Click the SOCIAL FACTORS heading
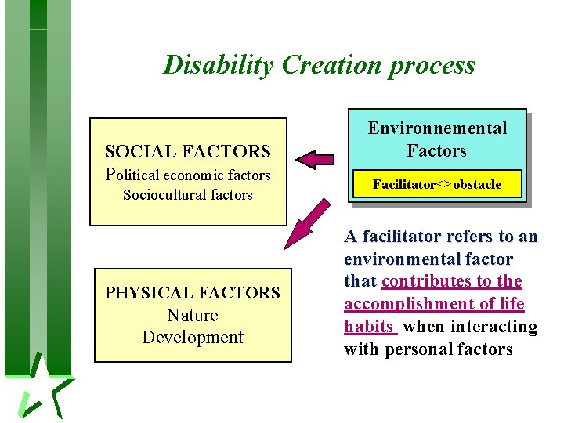click(188, 151)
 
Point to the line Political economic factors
click(188, 175)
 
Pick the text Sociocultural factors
click(188, 195)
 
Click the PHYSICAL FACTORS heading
click(193, 293)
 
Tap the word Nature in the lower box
click(193, 315)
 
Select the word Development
click(193, 338)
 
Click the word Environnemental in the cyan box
click(438, 128)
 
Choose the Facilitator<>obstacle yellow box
click(437, 185)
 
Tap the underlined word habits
click(368, 327)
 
